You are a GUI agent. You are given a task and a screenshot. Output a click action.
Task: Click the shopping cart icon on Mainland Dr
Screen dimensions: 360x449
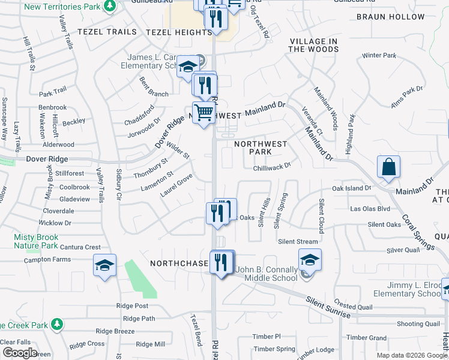point(204,112)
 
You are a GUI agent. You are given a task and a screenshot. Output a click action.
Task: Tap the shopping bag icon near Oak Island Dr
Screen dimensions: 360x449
point(388,167)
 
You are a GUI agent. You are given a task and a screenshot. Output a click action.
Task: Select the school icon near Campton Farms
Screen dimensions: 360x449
point(104,266)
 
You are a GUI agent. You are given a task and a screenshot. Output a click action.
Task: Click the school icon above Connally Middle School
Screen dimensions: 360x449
point(310,260)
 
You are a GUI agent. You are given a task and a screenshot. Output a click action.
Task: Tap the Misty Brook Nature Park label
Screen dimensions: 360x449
point(36,242)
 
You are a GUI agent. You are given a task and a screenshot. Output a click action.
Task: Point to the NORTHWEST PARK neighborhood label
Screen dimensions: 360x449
point(261,148)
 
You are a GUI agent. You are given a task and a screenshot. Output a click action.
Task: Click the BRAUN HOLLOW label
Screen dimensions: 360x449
point(390,17)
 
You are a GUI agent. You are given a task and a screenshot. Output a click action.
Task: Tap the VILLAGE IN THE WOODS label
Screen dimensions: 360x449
point(313,45)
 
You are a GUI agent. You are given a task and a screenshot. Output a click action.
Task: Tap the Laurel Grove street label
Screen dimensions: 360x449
point(175,186)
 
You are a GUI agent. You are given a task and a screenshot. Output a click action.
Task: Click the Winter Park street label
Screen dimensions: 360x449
point(379,56)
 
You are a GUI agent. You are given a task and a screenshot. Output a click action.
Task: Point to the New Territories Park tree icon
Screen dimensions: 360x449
point(109,6)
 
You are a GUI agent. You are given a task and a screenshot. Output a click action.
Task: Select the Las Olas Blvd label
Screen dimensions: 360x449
point(370,209)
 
